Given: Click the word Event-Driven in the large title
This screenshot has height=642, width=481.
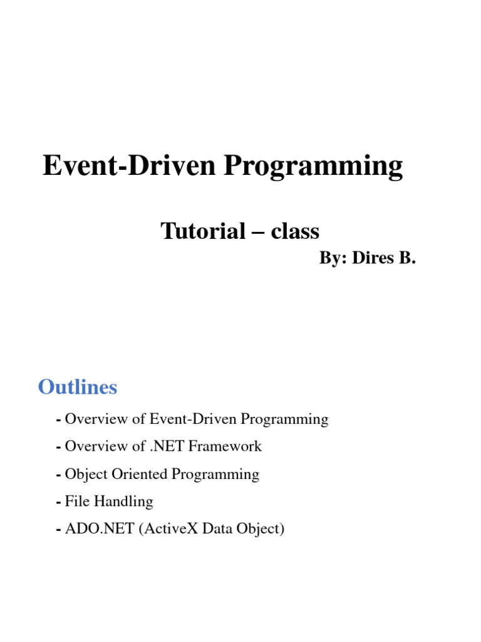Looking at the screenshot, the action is click(129, 165).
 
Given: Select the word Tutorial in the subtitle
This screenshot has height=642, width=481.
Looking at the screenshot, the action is click(203, 231).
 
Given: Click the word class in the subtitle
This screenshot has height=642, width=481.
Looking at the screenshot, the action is click(295, 231).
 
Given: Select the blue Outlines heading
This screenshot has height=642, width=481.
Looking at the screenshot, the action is click(78, 387).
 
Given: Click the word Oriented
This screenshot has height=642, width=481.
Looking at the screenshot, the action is click(140, 474).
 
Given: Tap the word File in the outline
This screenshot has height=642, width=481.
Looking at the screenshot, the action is click(77, 501).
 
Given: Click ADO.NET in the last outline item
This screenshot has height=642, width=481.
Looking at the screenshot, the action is click(100, 529).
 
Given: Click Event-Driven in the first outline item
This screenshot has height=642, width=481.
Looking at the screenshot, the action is click(193, 419).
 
